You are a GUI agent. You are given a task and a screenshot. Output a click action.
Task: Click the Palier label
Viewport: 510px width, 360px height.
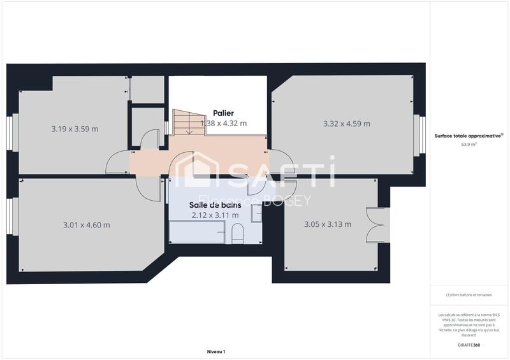(223, 113)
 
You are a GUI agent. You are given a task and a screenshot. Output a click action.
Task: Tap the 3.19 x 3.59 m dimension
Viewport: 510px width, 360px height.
(75, 129)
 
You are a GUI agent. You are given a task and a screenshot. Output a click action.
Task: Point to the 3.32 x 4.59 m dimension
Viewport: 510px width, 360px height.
(347, 124)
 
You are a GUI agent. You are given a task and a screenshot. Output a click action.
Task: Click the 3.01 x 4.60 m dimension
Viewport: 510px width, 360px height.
(87, 224)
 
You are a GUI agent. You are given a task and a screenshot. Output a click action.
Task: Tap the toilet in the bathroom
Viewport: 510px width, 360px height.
(237, 234)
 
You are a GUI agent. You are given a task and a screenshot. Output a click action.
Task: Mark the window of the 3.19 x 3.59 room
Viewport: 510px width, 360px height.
(14, 134)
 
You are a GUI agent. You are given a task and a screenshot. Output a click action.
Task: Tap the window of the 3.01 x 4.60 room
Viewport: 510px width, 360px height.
(10, 217)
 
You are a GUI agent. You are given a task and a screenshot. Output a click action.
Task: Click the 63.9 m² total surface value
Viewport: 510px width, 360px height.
(469, 145)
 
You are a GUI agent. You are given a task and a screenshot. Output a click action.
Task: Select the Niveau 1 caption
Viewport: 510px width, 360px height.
(216, 351)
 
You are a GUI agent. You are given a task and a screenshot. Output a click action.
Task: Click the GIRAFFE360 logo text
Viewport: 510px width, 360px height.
(469, 345)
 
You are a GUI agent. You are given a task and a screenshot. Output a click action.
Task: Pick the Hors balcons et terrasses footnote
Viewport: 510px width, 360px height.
(469, 295)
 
